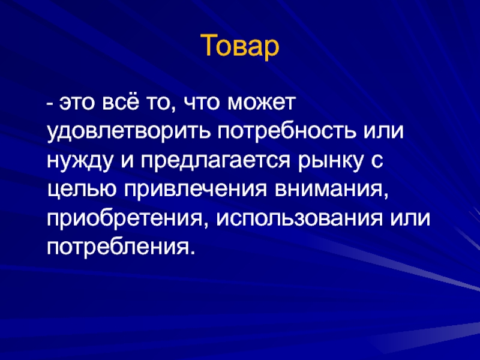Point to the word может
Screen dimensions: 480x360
pos(262,103)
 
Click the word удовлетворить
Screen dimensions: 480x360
pos(129,133)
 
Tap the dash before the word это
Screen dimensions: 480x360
pos(50,104)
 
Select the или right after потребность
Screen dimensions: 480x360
pos(383,133)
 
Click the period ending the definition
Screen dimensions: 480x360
pos(191,253)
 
